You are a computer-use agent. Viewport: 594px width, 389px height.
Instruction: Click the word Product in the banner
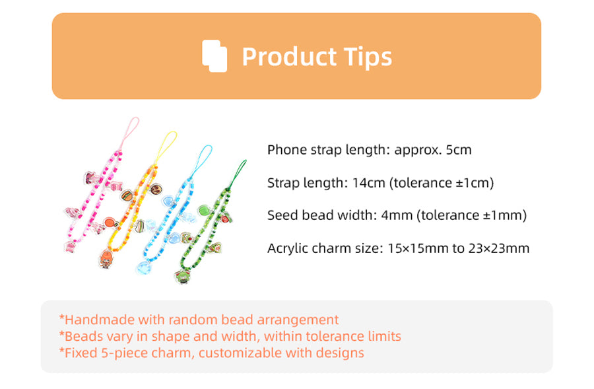289,57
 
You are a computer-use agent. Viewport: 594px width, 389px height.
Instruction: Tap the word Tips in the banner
368,57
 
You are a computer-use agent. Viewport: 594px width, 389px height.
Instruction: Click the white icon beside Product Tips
214,55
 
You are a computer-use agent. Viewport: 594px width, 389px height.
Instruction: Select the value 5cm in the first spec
459,150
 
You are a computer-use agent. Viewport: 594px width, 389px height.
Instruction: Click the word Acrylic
286,249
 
